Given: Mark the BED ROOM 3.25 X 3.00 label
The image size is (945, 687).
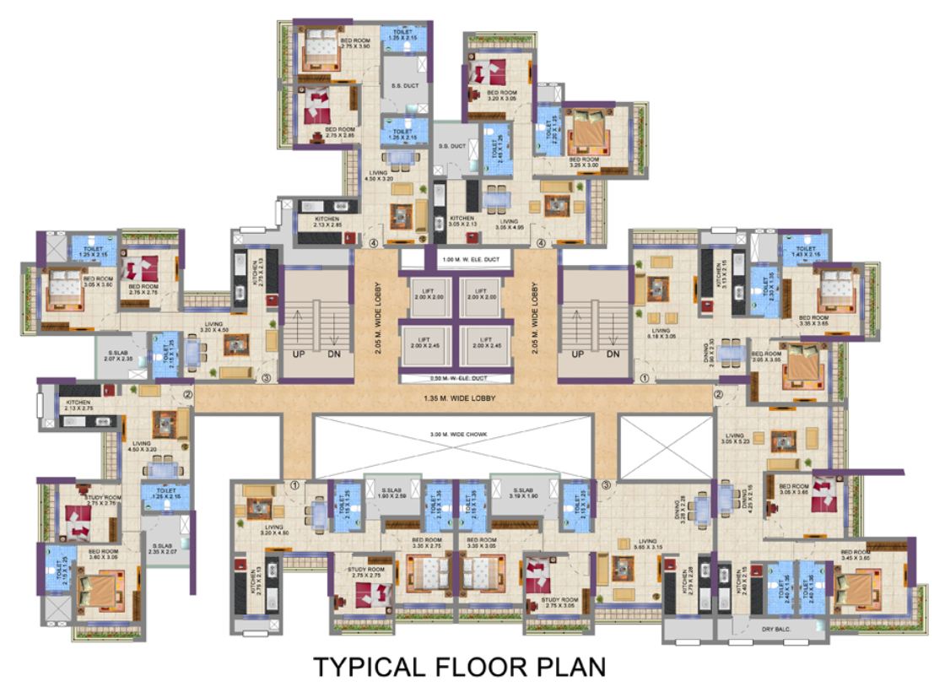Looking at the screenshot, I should click(584, 163).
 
